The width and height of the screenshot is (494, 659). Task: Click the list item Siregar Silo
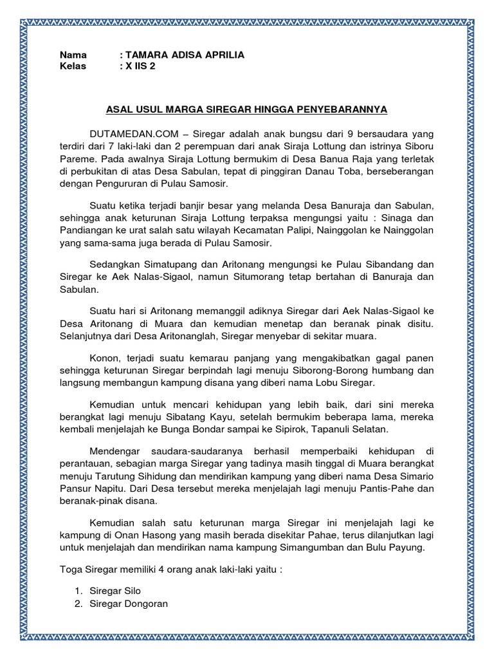(115, 590)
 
